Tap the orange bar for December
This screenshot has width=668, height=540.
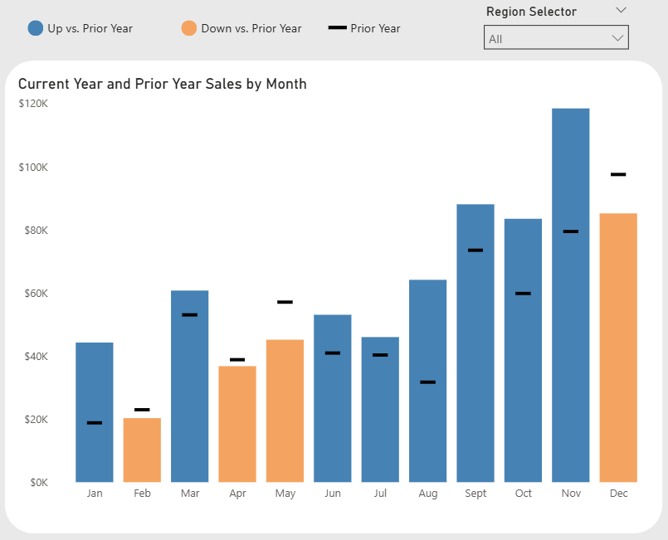(x=618, y=348)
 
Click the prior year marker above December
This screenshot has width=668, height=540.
(x=618, y=174)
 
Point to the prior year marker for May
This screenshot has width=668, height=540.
(x=285, y=302)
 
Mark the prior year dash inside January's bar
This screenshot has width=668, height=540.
(x=95, y=423)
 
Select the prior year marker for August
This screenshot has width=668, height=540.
(x=427, y=382)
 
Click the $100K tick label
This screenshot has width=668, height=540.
(x=33, y=168)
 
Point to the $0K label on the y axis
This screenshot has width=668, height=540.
(x=38, y=483)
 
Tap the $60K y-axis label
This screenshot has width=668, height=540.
(x=35, y=294)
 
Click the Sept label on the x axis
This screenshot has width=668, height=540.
(x=475, y=494)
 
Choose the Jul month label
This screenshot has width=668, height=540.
(x=380, y=494)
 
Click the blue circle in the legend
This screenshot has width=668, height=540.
(x=36, y=28)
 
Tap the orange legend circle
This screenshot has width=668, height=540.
(x=188, y=28)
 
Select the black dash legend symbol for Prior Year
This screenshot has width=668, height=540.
(x=338, y=28)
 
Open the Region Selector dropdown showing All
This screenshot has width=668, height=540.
(x=556, y=38)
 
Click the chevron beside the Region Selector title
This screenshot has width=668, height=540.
(x=622, y=11)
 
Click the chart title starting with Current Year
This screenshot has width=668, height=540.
(x=163, y=84)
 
